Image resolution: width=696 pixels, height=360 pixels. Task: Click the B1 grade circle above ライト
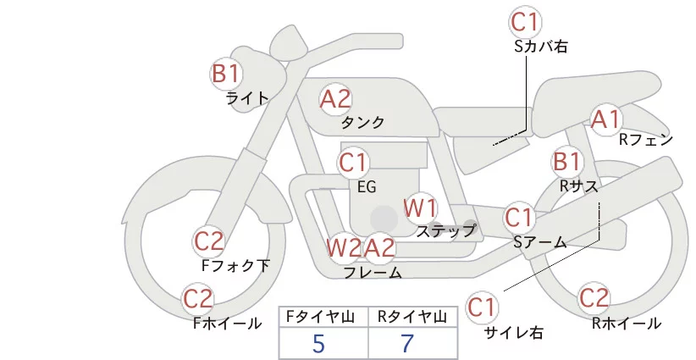[x=225, y=74]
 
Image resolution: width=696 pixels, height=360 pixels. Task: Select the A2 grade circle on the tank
[x=335, y=99]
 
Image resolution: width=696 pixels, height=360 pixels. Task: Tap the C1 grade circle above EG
[x=354, y=162]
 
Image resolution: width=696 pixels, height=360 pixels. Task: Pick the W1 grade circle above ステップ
[x=420, y=208]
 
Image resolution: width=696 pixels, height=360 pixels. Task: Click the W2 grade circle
[x=344, y=248]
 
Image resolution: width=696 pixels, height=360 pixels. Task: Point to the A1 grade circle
[x=606, y=119]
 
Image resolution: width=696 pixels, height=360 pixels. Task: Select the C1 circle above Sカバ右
[x=526, y=22]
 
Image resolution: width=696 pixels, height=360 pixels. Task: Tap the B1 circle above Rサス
[x=566, y=161]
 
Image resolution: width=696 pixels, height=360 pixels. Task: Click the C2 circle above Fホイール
[x=198, y=299]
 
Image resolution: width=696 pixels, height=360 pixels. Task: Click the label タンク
[x=362, y=122]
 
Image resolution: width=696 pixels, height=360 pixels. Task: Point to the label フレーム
[x=373, y=273]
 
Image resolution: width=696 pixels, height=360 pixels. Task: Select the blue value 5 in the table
[x=318, y=344]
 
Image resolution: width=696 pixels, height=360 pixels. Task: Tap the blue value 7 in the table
[x=407, y=344]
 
